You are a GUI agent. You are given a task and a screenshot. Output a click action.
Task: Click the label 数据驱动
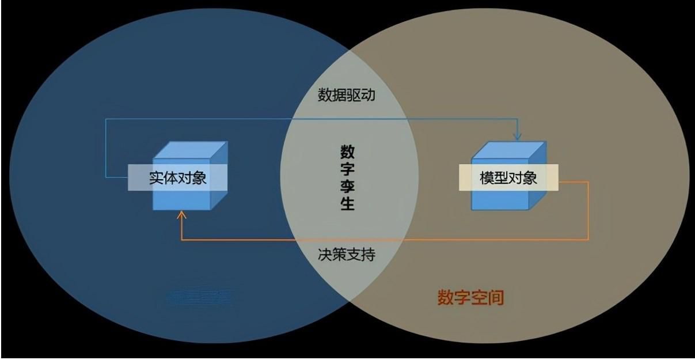(x=347, y=95)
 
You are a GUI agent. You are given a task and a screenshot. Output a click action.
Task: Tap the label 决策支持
(x=347, y=254)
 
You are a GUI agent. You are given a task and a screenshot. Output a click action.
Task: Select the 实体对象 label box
(x=177, y=178)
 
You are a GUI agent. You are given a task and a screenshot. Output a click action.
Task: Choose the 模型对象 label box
(x=508, y=178)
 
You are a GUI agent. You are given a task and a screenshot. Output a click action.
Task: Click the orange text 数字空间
(x=470, y=298)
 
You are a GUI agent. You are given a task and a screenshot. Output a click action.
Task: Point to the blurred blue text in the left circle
(x=199, y=298)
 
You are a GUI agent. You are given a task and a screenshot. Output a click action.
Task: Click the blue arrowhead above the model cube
(x=517, y=137)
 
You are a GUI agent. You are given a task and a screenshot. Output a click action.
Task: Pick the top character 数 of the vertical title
(x=347, y=152)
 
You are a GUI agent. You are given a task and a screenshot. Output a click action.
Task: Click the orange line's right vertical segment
(x=588, y=210)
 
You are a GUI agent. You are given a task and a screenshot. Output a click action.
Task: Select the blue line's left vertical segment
(x=106, y=147)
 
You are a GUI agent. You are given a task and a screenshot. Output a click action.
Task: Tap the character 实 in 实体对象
(x=156, y=178)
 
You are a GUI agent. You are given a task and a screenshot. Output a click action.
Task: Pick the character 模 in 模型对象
(x=487, y=178)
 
